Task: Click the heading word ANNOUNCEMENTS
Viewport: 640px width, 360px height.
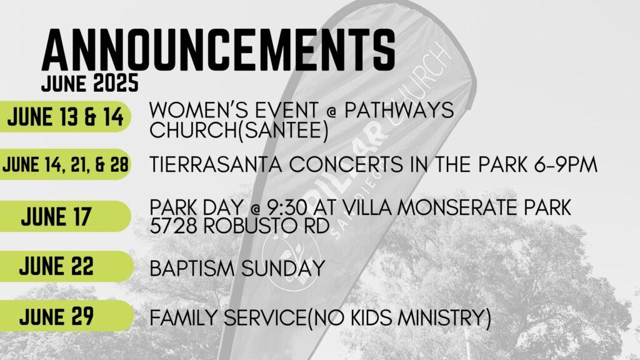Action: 219,50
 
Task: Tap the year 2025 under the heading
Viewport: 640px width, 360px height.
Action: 116,83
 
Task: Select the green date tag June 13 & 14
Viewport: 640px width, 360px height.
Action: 65,117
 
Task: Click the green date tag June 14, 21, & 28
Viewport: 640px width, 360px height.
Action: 65,164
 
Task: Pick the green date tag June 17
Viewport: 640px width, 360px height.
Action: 65,216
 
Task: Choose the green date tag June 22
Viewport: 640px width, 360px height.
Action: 66,266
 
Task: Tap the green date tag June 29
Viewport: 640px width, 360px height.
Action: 66,316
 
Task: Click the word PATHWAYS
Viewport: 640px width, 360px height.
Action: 399,110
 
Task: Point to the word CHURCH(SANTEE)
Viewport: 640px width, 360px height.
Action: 239,131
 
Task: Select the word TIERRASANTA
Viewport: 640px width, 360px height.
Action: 216,165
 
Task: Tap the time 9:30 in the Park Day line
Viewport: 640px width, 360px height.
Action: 286,207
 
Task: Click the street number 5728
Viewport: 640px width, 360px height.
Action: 174,226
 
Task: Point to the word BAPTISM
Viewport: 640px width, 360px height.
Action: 192,269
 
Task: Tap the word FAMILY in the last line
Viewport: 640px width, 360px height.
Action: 184,318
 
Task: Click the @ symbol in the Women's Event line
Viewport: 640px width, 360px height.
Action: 331,111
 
